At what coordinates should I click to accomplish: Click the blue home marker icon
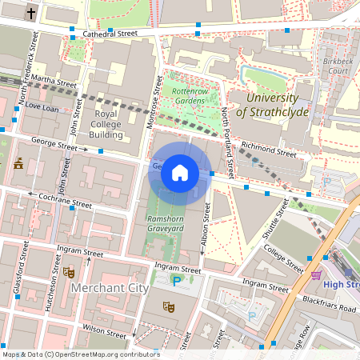click(x=180, y=173)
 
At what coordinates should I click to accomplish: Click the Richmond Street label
click(x=268, y=149)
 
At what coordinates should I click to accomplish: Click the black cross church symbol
click(x=31, y=13)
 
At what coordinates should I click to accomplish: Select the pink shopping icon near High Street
click(x=317, y=275)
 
